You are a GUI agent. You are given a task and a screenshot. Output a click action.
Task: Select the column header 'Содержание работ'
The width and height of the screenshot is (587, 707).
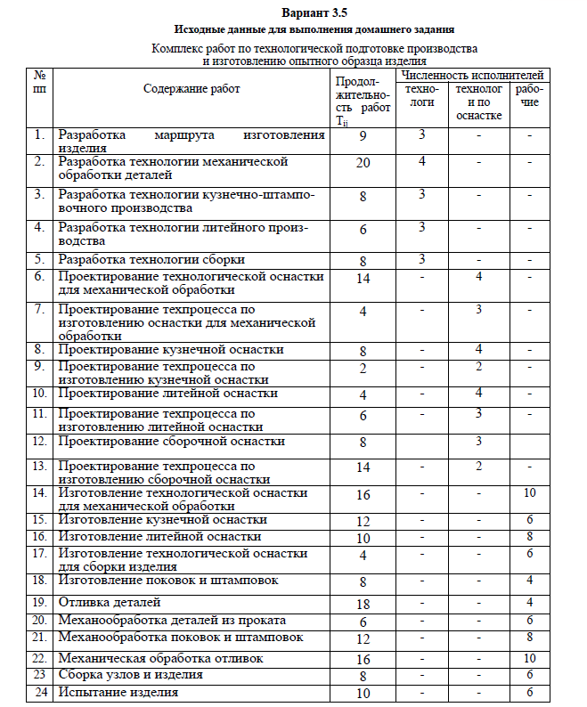pyautogui.click(x=192, y=88)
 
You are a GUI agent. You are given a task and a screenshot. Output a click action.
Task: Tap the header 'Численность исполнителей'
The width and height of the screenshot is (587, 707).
pyautogui.click(x=472, y=76)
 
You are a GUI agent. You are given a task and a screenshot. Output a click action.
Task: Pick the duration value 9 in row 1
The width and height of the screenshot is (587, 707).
pyautogui.click(x=363, y=137)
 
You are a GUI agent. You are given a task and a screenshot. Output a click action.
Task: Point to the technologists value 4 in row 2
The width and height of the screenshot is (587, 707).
pyautogui.click(x=422, y=161)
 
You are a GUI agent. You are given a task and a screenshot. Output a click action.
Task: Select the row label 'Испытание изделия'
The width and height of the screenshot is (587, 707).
pyautogui.click(x=118, y=692)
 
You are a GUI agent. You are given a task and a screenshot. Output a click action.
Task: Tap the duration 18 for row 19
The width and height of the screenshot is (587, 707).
pyautogui.click(x=363, y=605)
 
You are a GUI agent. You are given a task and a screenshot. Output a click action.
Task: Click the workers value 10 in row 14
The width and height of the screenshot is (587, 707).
pyautogui.click(x=529, y=492)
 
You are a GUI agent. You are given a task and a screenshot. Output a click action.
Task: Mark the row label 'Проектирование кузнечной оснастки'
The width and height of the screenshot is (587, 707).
pyautogui.click(x=171, y=349)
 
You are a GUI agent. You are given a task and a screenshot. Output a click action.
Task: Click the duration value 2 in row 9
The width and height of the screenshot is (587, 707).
pyautogui.click(x=363, y=370)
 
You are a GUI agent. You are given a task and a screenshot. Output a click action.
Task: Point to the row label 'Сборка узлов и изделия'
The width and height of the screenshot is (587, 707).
pyautogui.click(x=130, y=675)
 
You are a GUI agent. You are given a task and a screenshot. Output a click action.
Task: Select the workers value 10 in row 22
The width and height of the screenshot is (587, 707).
pyautogui.click(x=529, y=658)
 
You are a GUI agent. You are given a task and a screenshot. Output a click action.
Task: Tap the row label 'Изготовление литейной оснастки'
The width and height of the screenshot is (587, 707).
pyautogui.click(x=159, y=537)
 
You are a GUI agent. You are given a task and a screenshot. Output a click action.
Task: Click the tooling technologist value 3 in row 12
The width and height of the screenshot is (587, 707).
pyautogui.click(x=479, y=440)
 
